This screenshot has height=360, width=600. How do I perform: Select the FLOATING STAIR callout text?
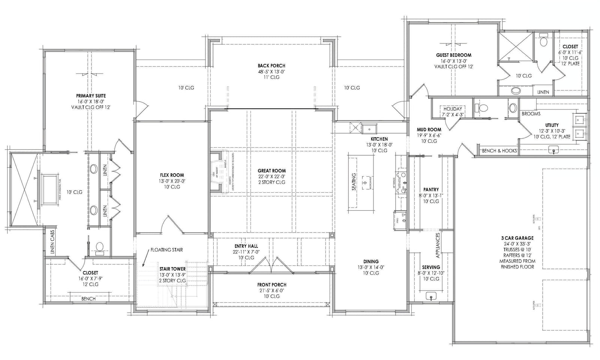pos(166,250)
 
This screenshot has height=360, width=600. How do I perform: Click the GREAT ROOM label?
pos(271,171)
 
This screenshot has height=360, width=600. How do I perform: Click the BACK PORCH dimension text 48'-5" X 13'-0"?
pos(271,71)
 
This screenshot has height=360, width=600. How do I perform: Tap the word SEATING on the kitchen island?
pos(354,182)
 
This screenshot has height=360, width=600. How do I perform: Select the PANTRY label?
pos(431,190)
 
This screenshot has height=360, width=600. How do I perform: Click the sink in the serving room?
pos(431,296)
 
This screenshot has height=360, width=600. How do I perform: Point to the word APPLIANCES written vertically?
pos(438,245)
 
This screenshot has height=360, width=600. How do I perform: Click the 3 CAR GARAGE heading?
pos(517,238)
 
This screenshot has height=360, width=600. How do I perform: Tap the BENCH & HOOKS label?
pos(499,151)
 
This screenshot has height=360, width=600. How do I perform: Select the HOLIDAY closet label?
pos(453,109)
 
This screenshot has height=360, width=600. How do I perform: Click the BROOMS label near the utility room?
pos(531,114)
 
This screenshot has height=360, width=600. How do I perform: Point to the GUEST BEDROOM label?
pos(453,55)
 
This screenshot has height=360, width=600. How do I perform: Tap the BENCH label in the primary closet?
pos(88,299)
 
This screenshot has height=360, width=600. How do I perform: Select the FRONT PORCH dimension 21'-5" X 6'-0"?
pos(271,290)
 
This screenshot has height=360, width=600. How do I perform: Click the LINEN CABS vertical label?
pos(52,242)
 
